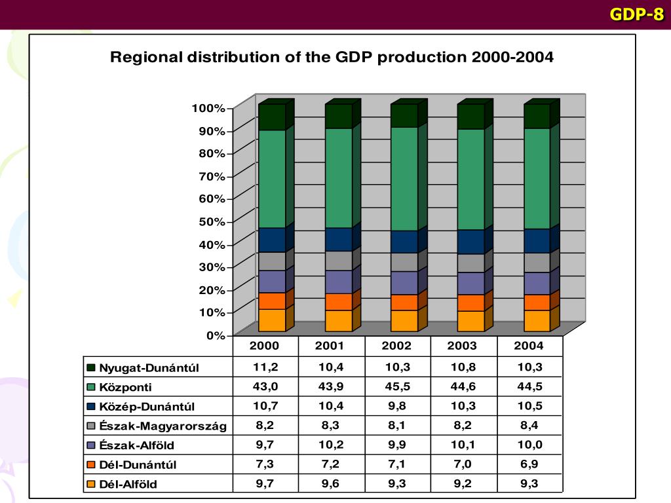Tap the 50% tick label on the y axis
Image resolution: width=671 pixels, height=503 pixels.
pyautogui.click(x=211, y=221)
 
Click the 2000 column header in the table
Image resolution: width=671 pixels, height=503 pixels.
pyautogui.click(x=265, y=346)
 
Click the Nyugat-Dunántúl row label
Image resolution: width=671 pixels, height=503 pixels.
pyautogui.click(x=149, y=368)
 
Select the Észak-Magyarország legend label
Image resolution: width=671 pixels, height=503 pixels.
pyautogui.click(x=163, y=426)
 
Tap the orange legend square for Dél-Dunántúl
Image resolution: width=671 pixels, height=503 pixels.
pyautogui.click(x=91, y=465)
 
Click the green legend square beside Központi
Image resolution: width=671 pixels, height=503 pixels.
pyautogui.click(x=91, y=387)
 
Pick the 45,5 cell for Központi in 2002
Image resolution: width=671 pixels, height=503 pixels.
pyautogui.click(x=397, y=386)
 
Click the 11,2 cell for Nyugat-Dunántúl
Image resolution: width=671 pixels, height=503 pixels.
pyautogui.click(x=265, y=367)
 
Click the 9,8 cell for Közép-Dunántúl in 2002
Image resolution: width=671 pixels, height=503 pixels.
pyautogui.click(x=397, y=406)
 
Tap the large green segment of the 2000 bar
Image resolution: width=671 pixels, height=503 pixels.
pyautogui.click(x=272, y=178)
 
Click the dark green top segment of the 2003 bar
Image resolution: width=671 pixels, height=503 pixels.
pyautogui.click(x=470, y=117)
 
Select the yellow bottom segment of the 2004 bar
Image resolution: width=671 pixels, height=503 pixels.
pyautogui.click(x=537, y=320)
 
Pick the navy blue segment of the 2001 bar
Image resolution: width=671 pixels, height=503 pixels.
pyautogui.click(x=338, y=239)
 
